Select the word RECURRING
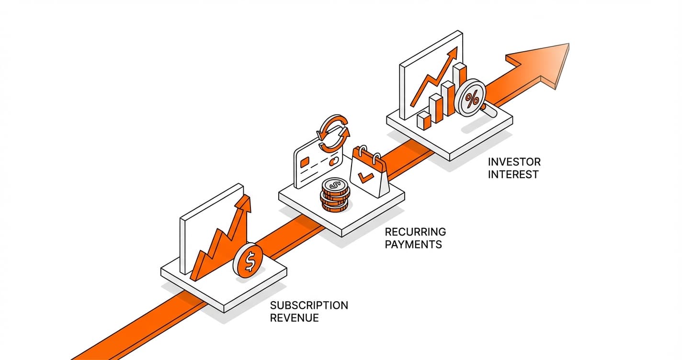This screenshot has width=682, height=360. coord(415,232)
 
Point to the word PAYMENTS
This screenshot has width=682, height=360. coord(413,245)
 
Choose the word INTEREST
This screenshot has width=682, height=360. coord(513,174)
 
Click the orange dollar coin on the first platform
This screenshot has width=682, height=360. coord(249,260)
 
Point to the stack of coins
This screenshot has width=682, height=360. coord(335,195)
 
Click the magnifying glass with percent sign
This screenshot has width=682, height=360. coord(472,99)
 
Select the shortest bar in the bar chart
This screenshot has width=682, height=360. coord(424,120)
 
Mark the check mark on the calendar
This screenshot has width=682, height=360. coord(366,179)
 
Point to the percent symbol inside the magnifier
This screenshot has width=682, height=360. coord(472,99)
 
